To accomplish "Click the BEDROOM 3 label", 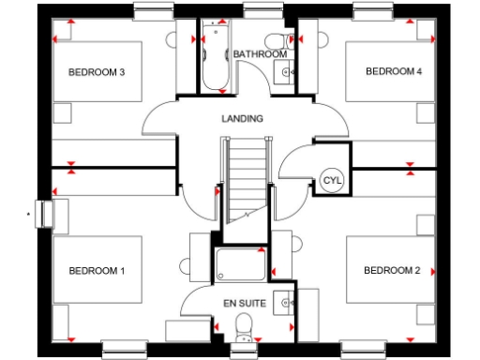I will [97, 71].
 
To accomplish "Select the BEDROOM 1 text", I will [97, 271].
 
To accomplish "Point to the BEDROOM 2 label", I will [392, 271].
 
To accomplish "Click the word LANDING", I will [242, 119].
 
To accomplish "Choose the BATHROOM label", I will [260, 54].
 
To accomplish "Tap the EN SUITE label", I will [245, 304].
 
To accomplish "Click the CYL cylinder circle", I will [332, 180].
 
